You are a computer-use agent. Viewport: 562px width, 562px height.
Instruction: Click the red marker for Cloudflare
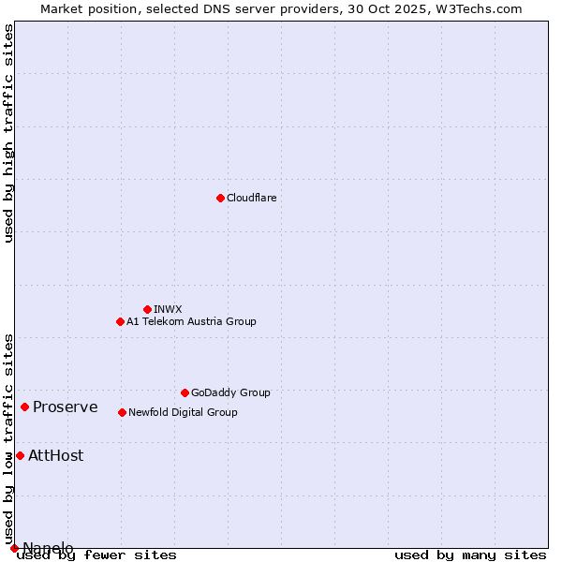click(220, 198)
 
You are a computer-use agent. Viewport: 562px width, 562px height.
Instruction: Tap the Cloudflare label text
click(251, 198)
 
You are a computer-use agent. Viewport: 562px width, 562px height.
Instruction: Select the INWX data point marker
click(147, 309)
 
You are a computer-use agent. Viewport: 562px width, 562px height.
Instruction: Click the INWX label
click(168, 309)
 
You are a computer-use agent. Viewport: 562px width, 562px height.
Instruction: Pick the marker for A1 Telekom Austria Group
click(120, 321)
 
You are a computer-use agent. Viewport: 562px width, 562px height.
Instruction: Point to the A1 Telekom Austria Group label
click(191, 321)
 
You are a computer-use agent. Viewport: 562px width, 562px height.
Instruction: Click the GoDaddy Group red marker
click(185, 392)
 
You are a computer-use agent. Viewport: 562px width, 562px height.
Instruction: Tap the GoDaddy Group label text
click(229, 392)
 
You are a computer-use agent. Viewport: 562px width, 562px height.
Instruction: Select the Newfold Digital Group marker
click(122, 412)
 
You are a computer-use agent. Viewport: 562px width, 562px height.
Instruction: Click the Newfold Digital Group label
click(183, 412)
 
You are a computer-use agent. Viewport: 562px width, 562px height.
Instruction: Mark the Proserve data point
click(24, 407)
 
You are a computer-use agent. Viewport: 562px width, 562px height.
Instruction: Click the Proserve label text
click(65, 407)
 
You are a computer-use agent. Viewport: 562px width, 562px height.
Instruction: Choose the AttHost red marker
click(20, 455)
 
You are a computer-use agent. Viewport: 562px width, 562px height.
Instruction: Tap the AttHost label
click(55, 455)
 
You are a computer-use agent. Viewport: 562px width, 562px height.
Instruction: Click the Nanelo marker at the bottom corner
click(14, 548)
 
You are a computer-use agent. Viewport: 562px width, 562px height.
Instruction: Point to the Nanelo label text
click(48, 548)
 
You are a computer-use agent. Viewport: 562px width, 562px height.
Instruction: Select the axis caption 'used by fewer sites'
click(96, 555)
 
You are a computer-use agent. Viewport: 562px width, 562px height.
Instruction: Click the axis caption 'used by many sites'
click(470, 555)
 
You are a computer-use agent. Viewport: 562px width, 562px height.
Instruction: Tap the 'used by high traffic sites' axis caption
click(8, 133)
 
